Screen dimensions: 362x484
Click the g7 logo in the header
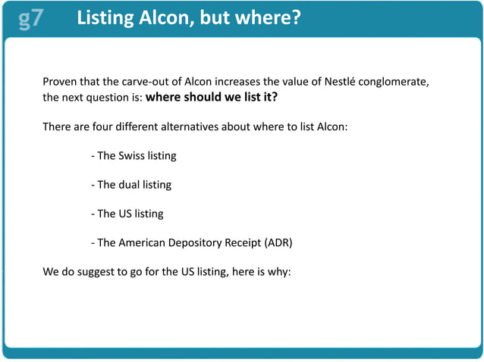click(31, 17)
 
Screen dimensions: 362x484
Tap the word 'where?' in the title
click(267, 17)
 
